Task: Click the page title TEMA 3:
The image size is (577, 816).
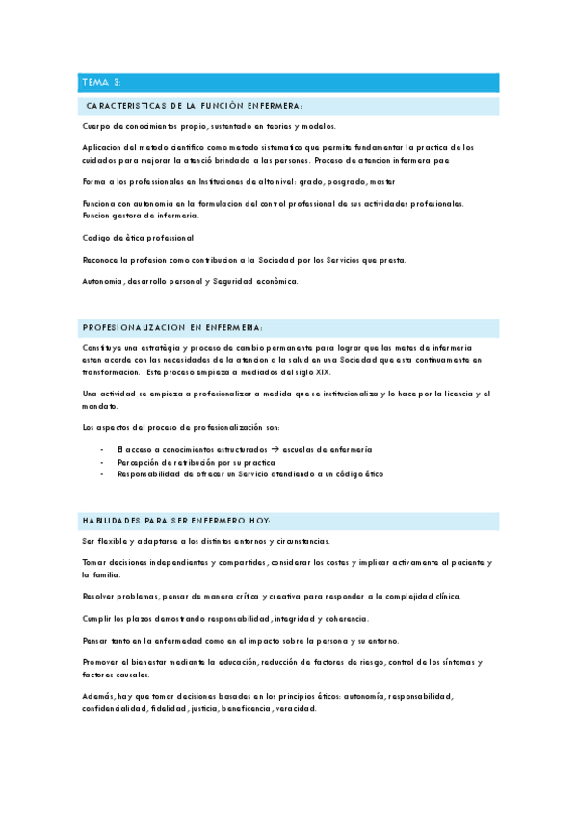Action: coord(101,83)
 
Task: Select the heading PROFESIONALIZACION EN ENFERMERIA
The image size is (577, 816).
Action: coord(173,327)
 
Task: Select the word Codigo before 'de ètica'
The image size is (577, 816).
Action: coord(98,238)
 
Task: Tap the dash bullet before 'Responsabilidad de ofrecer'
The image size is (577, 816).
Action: coord(103,474)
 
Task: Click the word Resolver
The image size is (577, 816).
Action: coord(102,596)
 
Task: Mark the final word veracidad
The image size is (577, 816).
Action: coord(299,708)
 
